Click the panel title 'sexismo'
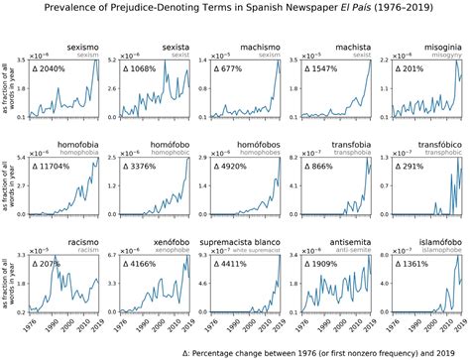pyautogui.click(x=85, y=47)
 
